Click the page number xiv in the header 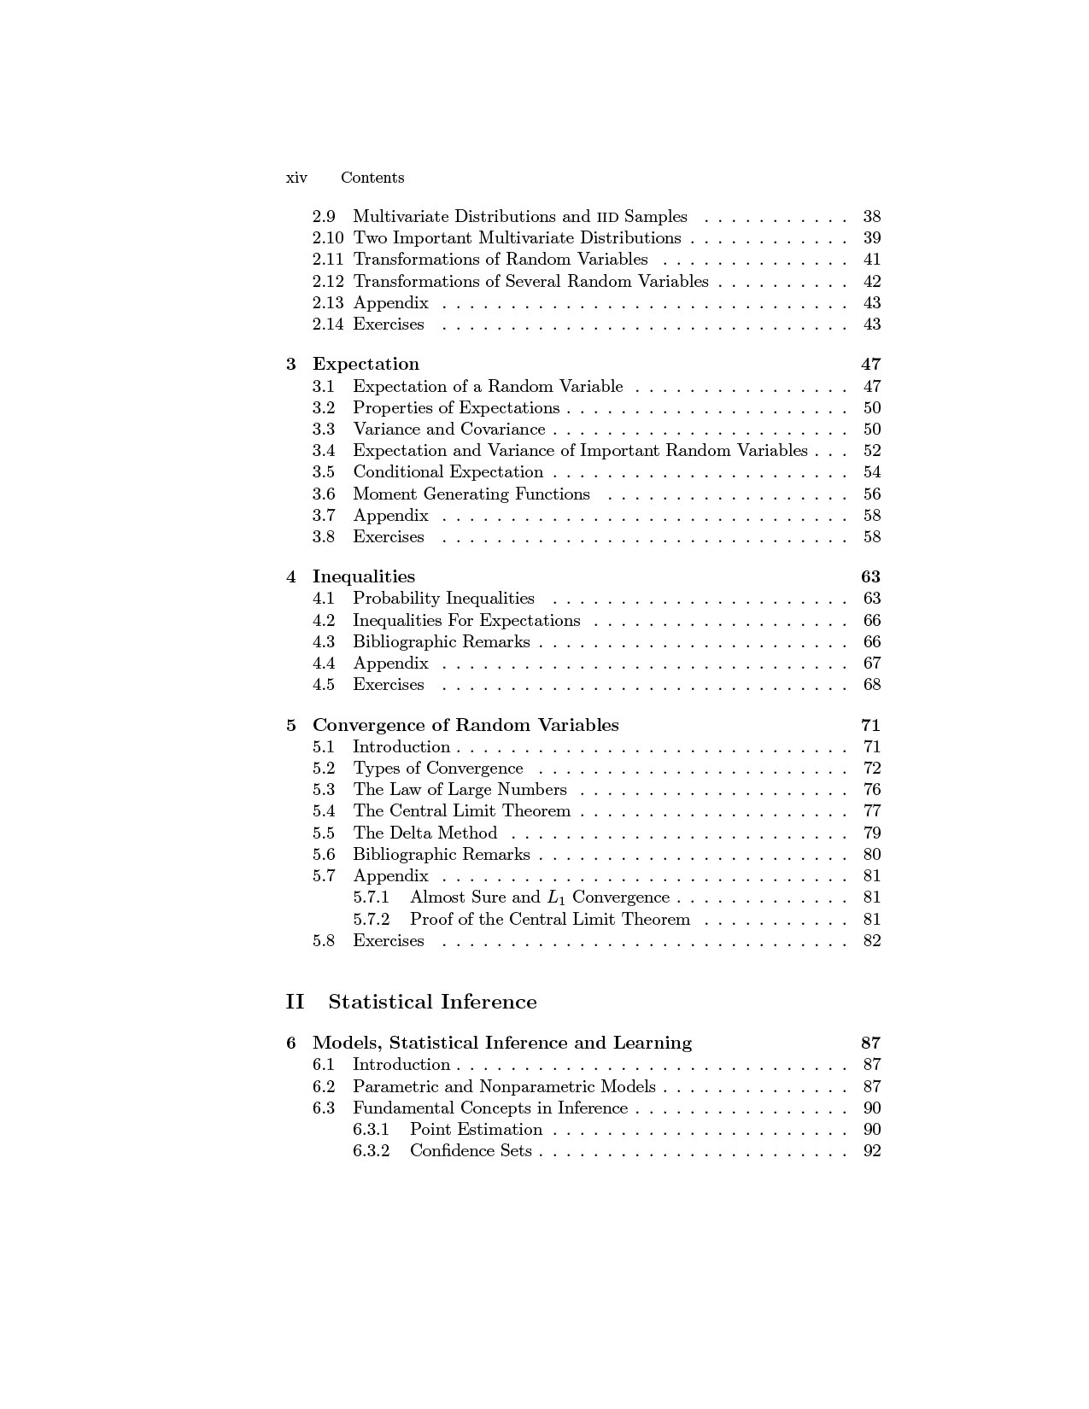[x=296, y=178]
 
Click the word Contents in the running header [x=372, y=178]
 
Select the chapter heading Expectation [x=366, y=364]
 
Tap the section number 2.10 [x=328, y=237]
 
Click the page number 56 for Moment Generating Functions [x=871, y=494]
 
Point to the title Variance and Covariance [x=448, y=429]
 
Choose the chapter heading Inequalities [x=364, y=576]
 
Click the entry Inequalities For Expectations [x=466, y=620]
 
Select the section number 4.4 [x=324, y=663]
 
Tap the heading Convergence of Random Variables [x=465, y=725]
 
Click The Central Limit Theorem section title [x=461, y=810]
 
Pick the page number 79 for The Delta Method [x=871, y=833]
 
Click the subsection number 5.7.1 [x=371, y=897]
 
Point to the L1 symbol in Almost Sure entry [x=555, y=897]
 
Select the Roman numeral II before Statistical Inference [x=295, y=1002]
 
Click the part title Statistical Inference [x=432, y=1002]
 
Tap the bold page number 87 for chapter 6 [x=870, y=1043]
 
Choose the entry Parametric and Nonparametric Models [x=504, y=1086]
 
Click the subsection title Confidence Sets [x=471, y=1150]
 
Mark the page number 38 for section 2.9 [x=871, y=216]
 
